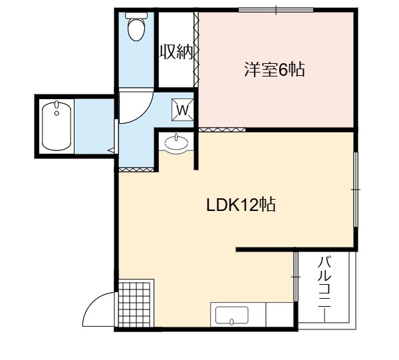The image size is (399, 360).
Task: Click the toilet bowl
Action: [136, 29]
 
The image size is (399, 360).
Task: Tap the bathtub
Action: [57, 126]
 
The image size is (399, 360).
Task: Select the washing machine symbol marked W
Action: [182, 110]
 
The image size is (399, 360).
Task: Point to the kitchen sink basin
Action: [231, 315]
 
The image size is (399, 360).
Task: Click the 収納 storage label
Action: [176, 52]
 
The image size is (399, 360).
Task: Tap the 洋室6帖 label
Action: [275, 69]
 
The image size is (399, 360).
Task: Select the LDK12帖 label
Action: [241, 205]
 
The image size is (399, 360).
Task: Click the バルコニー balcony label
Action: [325, 282]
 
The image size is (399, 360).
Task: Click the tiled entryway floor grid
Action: [136, 303]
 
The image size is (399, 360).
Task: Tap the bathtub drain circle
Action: [57, 113]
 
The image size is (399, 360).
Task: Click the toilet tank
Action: [136, 15]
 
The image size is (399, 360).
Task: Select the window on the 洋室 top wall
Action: [276, 10]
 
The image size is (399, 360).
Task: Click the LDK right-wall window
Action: [356, 190]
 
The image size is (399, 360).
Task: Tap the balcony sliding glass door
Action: [295, 277]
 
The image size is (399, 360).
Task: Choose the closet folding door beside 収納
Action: [196, 49]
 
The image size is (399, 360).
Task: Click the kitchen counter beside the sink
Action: [279, 315]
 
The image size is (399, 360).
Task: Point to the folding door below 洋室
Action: [222, 130]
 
